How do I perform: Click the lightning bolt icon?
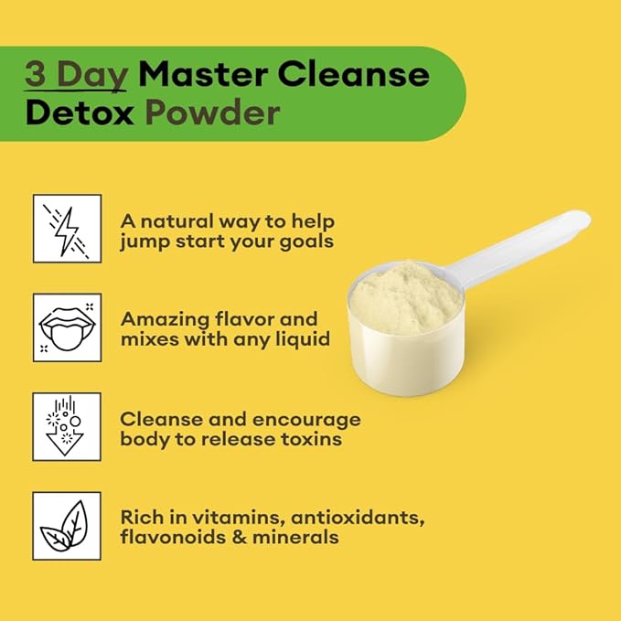click(x=67, y=229)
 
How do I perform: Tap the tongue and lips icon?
click(x=67, y=327)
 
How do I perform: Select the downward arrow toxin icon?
click(x=67, y=426)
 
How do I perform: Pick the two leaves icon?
click(x=67, y=525)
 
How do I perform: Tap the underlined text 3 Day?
click(x=76, y=74)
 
